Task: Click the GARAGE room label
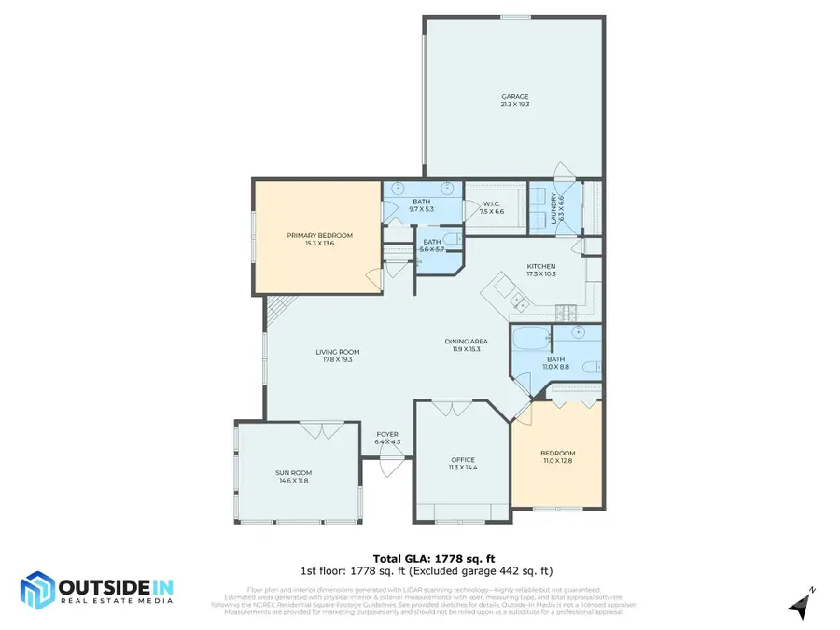coord(514,96)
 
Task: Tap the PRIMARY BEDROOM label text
coord(319,235)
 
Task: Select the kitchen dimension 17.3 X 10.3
coord(540,274)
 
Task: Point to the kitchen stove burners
coord(563,309)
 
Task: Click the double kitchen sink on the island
coord(519,301)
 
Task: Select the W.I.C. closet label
coord(492,204)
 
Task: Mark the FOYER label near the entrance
coord(386,434)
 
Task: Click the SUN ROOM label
coord(291,473)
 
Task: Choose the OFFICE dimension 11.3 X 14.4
coord(463,467)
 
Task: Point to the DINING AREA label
coord(464,341)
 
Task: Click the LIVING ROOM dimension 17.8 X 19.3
coord(338,359)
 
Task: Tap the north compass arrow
coord(798,607)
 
